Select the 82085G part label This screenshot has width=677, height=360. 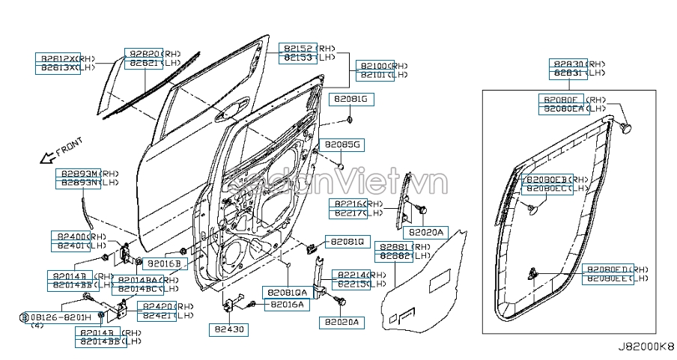tap(341, 144)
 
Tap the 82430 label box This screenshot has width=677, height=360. tap(228, 329)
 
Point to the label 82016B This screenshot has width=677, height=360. tap(164, 263)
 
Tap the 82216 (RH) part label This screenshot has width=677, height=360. tap(349, 204)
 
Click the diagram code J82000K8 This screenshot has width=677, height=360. tap(646, 347)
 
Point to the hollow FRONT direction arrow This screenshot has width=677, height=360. tap(47, 157)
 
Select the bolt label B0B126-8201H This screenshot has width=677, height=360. tap(59, 317)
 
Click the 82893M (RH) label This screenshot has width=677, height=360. tap(78, 173)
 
